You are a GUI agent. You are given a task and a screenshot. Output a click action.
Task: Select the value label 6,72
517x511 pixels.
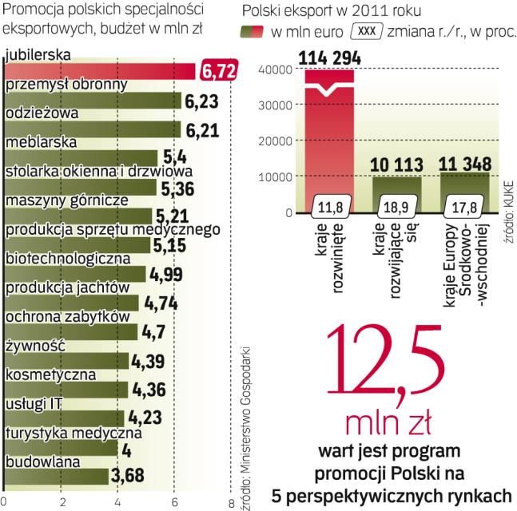coord(219,72)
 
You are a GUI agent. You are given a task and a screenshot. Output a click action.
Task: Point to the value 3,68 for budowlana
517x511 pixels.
coord(130,477)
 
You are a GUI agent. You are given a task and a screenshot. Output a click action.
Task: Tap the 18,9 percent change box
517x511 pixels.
coord(396,208)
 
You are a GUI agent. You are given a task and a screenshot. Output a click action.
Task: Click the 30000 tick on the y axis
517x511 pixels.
coord(276,105)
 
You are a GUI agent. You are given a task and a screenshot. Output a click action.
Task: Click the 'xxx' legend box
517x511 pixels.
coord(364,32)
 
